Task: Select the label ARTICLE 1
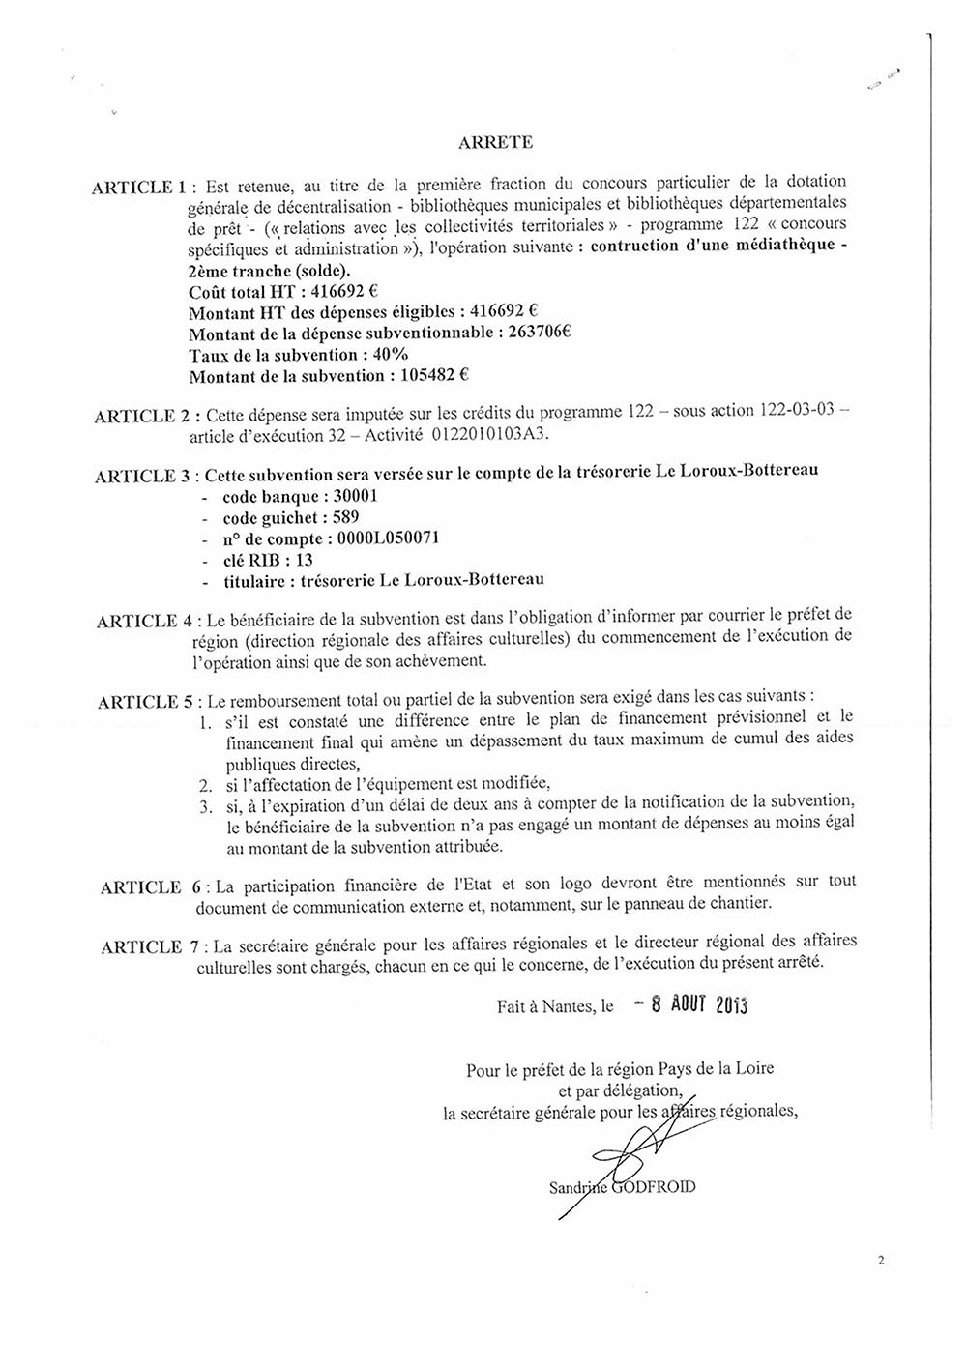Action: pos(137,188)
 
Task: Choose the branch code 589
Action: pos(345,517)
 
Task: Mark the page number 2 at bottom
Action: pos(881,1260)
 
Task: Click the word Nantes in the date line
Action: pos(565,1006)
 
